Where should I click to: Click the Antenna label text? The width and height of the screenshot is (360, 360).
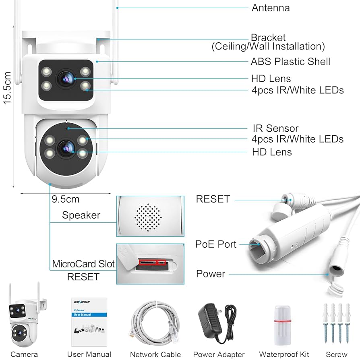pos(270,8)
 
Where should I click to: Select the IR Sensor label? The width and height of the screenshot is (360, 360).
pos(275,128)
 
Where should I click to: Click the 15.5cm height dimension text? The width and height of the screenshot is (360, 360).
pos(7,88)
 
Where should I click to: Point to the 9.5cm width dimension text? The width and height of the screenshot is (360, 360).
pos(66,199)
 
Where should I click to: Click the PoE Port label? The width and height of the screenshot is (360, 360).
pos(216,244)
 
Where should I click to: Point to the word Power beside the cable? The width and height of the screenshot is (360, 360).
pos(211,274)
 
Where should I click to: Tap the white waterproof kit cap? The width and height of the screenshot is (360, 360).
pos(283,321)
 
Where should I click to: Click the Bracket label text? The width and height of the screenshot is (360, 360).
pos(268,37)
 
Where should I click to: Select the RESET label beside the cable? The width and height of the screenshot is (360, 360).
pos(213,199)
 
